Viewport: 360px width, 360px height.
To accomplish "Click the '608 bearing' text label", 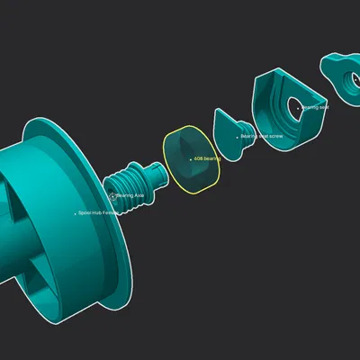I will pos(207,158).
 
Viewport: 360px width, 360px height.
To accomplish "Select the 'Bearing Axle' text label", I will pos(131,194).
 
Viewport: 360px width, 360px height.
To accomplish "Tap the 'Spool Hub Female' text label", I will pos(98,213).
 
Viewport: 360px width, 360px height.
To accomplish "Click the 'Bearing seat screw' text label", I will pos(262,137).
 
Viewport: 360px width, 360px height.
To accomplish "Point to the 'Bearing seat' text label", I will pos(316,107).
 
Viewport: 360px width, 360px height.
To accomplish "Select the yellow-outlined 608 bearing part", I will pos(192,171).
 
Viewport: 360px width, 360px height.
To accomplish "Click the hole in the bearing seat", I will pos(294,106).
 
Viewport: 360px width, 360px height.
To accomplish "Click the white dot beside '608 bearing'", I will pos(189,158).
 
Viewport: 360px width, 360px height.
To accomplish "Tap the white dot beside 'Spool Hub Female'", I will pos(75,213).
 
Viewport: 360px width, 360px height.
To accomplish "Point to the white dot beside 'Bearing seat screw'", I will pos(238,137).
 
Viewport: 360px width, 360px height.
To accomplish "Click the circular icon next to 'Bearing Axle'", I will pos(112,194).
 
